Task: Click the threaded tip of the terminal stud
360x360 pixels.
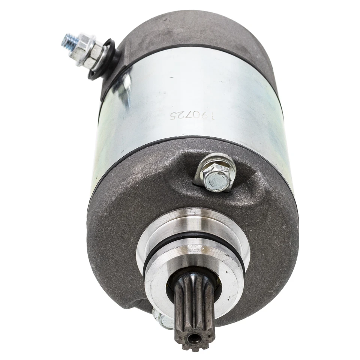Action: click(x=68, y=39)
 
